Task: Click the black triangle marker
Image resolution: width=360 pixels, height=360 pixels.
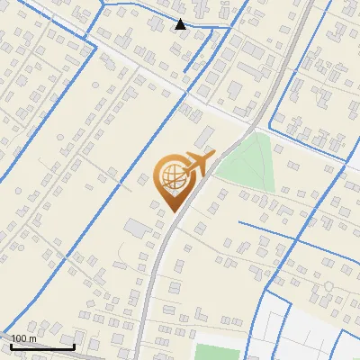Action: [x=181, y=24]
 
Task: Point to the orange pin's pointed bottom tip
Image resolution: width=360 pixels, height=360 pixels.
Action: [x=172, y=211]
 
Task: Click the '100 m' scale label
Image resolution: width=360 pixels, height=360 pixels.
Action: [x=23, y=338]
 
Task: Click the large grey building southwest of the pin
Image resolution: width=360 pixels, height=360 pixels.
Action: [x=138, y=228]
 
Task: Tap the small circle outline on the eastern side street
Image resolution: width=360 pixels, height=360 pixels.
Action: [x=329, y=285]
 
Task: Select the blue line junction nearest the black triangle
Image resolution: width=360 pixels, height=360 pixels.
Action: [x=212, y=28]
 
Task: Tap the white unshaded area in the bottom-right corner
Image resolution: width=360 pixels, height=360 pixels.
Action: [x=315, y=333]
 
